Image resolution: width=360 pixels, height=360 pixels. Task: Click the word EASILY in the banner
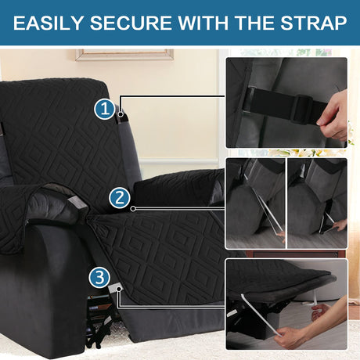49,23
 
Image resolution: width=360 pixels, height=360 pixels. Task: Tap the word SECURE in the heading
131,23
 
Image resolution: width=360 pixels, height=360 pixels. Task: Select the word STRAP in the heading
314,23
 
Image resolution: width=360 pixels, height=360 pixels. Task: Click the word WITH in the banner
203,23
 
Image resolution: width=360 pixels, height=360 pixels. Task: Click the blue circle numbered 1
105,109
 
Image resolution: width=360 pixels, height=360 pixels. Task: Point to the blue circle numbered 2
120,198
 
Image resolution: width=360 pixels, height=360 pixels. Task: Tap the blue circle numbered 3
99,278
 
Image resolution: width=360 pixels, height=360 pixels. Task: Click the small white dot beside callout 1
121,114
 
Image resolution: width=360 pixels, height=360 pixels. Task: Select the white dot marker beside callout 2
133,209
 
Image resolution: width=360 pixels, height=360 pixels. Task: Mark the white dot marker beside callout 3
119,289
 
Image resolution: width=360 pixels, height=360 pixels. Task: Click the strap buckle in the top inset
302,110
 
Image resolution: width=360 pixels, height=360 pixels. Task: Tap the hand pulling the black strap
333,115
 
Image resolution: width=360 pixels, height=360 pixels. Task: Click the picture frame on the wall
124,55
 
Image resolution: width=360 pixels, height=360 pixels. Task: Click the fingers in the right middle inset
340,225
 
